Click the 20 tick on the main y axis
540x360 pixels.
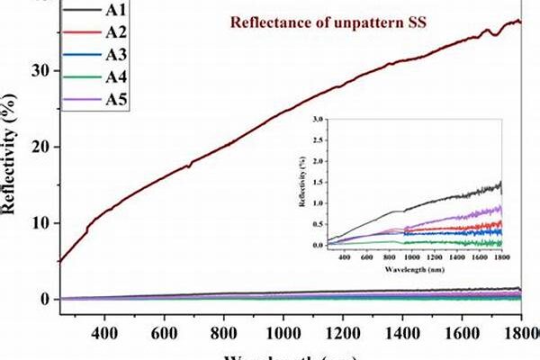[x=41, y=147]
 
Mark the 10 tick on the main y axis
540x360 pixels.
[x=41, y=223]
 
